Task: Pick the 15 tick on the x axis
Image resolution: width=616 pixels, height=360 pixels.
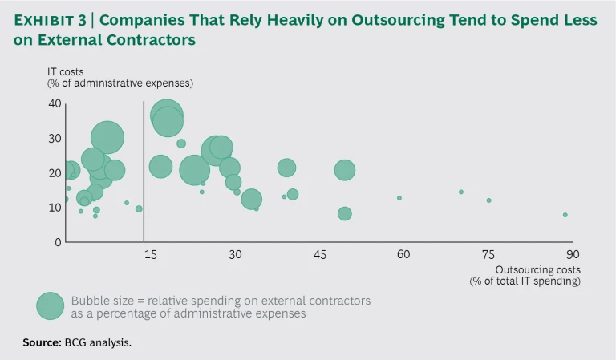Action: point(148,254)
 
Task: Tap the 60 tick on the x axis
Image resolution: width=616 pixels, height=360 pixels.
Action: point(403,254)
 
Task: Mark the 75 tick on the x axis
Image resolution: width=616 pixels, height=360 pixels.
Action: point(488,254)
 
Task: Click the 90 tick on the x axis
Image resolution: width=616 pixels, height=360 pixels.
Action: point(572,254)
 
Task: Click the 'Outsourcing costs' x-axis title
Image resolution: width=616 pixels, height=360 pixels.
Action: point(537,269)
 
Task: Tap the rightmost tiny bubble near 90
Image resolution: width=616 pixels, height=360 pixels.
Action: point(565,215)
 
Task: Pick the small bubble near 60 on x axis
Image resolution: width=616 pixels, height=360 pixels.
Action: point(399,198)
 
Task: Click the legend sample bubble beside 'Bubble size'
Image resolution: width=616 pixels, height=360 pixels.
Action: point(50,305)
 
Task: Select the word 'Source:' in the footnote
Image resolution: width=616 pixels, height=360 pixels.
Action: point(42,342)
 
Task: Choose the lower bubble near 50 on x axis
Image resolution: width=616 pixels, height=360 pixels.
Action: point(344,213)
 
